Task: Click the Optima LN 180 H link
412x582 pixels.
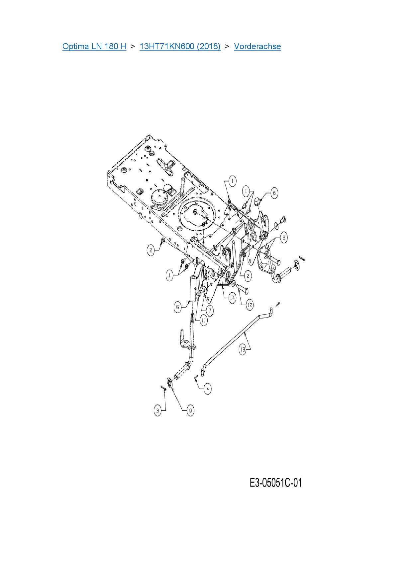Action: pos(94,46)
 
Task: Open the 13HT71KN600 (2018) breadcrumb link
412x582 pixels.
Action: pos(180,46)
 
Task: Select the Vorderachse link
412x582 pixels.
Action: pos(257,46)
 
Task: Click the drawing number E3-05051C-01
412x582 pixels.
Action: pos(275,482)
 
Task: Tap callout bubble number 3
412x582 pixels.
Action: pos(158,410)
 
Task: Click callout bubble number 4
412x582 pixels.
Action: pos(208,389)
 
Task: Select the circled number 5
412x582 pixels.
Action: pos(178,307)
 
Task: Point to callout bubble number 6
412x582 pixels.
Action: pos(274,193)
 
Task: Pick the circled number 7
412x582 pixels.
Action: pos(210,311)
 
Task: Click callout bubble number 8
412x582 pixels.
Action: pos(283,238)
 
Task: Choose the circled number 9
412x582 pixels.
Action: pos(190,410)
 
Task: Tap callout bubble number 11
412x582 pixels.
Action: pos(203,320)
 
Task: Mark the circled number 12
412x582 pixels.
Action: pos(250,305)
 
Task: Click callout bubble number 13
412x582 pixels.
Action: pos(243,349)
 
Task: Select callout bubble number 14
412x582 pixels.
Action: pos(232,298)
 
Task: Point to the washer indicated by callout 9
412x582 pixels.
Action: pos(169,383)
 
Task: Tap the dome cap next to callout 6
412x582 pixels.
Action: pos(257,200)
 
